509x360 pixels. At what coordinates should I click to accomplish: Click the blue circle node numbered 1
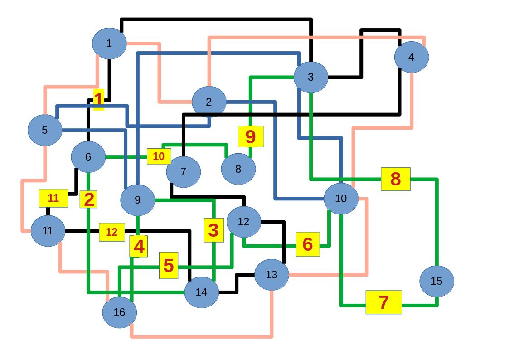(109, 44)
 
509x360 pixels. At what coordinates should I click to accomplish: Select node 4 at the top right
(411, 57)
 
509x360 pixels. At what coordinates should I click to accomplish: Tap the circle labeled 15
(436, 281)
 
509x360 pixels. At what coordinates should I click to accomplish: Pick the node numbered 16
(119, 312)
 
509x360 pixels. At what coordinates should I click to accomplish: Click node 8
(238, 169)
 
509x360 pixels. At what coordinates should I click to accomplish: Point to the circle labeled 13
(271, 274)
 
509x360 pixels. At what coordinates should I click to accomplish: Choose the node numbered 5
(44, 130)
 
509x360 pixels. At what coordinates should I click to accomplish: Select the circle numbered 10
(341, 199)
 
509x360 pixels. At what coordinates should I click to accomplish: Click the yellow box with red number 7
(383, 302)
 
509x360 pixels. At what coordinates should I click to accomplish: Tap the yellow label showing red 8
(395, 179)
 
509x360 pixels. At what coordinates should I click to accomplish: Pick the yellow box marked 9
(251, 136)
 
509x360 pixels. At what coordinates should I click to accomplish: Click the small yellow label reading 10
(159, 156)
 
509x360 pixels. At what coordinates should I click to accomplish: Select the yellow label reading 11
(53, 198)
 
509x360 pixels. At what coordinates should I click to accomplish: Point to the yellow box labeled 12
(111, 232)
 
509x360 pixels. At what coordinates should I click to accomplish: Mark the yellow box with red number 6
(308, 244)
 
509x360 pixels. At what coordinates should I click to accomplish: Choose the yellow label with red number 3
(213, 230)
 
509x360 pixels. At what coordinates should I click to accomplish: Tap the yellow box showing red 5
(169, 266)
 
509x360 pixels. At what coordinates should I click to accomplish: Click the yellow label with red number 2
(89, 199)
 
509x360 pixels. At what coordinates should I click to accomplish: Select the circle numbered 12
(243, 222)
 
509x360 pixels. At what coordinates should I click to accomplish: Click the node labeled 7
(183, 172)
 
